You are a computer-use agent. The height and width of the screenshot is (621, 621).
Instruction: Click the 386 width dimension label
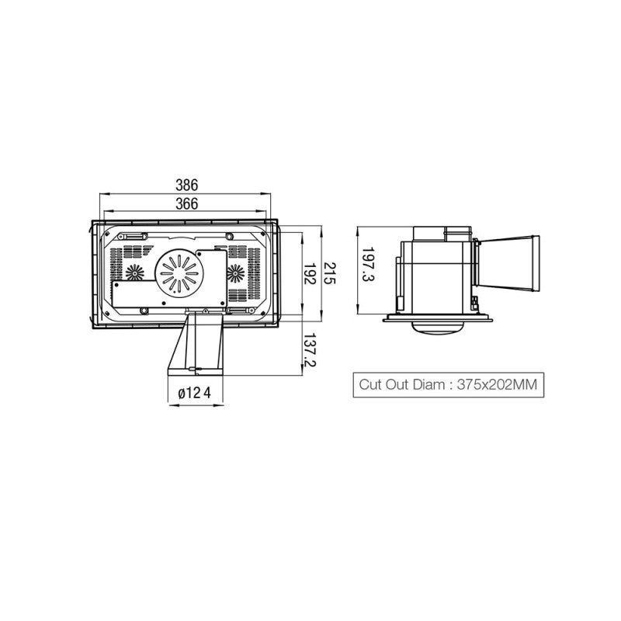click(x=186, y=185)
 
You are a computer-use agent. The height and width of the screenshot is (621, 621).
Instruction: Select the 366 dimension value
click(x=186, y=203)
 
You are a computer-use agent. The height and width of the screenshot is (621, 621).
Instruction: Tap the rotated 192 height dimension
click(x=309, y=273)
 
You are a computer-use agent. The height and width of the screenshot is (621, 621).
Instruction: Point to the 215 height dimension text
click(x=328, y=273)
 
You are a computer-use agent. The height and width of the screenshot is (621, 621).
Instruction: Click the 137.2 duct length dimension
click(x=309, y=350)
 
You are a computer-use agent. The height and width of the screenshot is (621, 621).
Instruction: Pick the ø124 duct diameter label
click(x=195, y=394)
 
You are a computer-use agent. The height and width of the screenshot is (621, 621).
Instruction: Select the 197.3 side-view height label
click(x=368, y=265)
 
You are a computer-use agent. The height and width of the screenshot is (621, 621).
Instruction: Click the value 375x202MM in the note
click(x=497, y=384)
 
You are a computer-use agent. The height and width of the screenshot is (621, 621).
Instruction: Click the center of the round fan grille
click(x=177, y=272)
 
